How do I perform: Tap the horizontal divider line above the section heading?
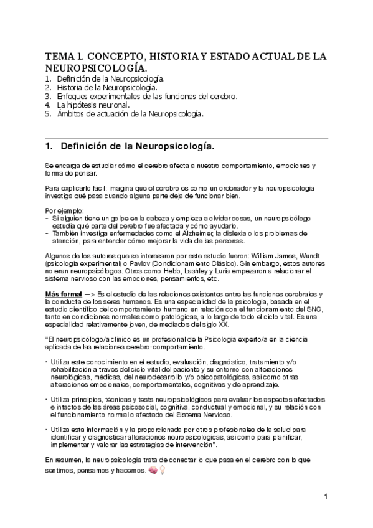pos(186,137)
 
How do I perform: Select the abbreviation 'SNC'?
pos(314,309)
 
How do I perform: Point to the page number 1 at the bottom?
pos(326,497)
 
